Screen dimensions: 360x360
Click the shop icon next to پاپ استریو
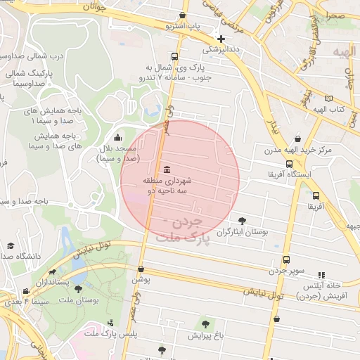(x=183, y=15)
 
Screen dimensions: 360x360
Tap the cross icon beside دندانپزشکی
(x=221, y=39)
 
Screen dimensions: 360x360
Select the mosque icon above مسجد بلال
(x=117, y=138)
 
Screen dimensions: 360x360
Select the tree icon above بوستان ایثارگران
(x=243, y=220)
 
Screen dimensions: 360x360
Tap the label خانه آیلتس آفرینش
(x=321, y=290)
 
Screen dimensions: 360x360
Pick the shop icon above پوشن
(x=141, y=269)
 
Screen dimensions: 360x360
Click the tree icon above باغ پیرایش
(x=205, y=324)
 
